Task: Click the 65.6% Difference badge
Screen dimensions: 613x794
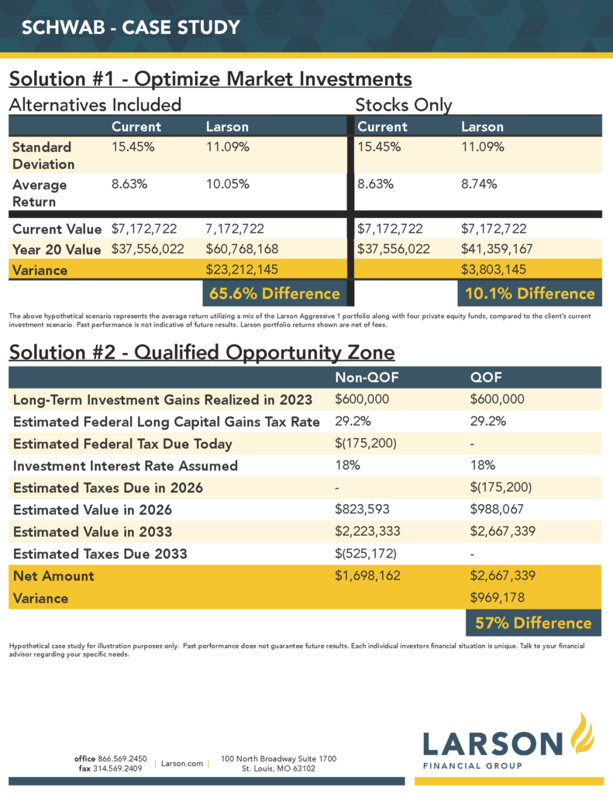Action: [275, 293]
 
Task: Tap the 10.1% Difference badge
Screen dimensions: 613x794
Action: [530, 293]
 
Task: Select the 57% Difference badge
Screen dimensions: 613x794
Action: [533, 623]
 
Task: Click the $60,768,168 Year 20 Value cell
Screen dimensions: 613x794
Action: [242, 249]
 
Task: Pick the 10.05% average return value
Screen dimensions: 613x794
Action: [227, 184]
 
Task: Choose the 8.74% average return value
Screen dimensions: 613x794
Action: [479, 184]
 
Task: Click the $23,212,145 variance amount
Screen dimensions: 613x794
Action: [242, 269]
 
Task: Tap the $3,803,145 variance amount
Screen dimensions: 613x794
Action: [494, 269]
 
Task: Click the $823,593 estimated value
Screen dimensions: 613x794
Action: [362, 509]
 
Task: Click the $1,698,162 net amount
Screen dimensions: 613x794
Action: [367, 575]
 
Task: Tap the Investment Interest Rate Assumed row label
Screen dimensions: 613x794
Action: [125, 466]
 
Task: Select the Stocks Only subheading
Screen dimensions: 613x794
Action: [404, 105]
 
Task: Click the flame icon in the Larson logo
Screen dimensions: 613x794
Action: [582, 734]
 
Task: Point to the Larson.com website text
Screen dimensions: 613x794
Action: [181, 763]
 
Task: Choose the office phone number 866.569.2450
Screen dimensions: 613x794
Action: [122, 758]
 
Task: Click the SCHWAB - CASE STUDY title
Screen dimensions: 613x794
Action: [131, 27]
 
